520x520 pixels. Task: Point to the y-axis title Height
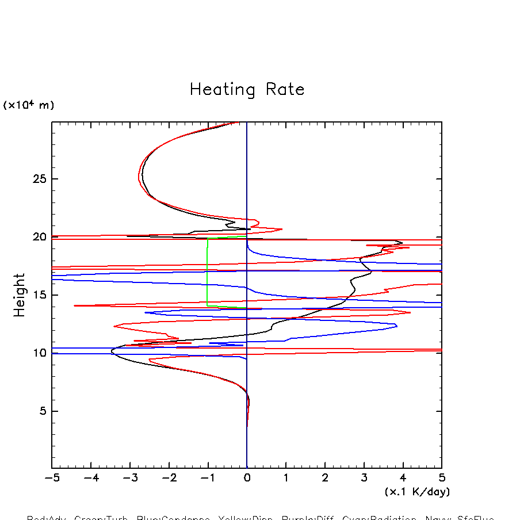click(20, 295)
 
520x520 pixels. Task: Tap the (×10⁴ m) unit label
click(29, 105)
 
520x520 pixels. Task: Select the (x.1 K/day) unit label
click(417, 492)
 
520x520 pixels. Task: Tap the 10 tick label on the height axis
click(37, 353)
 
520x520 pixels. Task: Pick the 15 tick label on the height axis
click(37, 295)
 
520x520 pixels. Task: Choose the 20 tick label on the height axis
click(37, 237)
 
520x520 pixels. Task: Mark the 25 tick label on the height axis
click(37, 179)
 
